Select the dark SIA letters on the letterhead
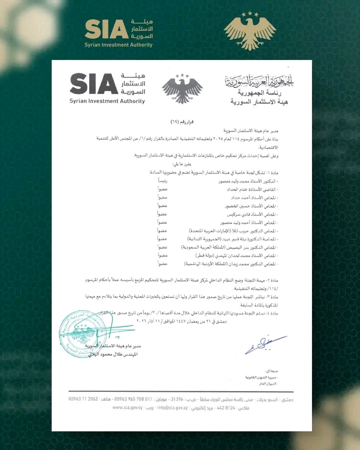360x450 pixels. [93, 84]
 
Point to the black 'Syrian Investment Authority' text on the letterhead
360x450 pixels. [107, 101]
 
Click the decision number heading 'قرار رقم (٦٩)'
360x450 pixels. [182, 122]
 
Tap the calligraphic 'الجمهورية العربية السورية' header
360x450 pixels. [260, 80]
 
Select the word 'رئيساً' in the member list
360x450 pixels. [164, 180]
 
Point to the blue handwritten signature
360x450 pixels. [265, 343]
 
